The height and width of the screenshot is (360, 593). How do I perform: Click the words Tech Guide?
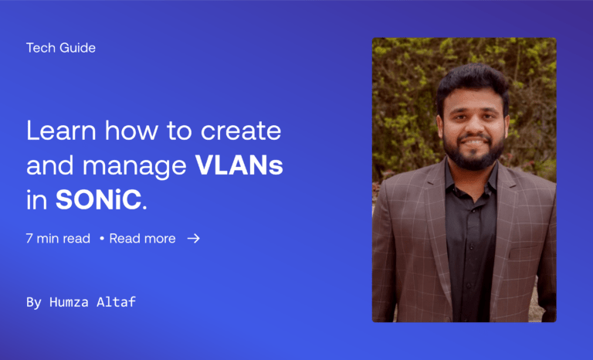click(x=60, y=48)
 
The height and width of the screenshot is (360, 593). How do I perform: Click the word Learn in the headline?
click(x=61, y=131)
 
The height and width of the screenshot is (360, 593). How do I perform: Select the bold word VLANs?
click(x=239, y=165)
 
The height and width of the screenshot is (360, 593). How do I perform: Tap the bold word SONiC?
click(x=98, y=199)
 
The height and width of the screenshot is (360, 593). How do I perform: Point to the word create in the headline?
click(x=241, y=131)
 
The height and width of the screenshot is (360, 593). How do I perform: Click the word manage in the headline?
click(x=134, y=168)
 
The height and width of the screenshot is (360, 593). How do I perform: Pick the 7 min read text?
click(x=58, y=239)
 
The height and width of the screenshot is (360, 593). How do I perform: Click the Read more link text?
click(x=142, y=239)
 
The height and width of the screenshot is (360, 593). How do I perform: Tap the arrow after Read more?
click(x=193, y=239)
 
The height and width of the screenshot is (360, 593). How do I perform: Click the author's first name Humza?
click(x=69, y=302)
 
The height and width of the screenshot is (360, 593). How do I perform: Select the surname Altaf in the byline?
click(x=116, y=302)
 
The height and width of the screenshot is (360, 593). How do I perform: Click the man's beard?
click(x=473, y=153)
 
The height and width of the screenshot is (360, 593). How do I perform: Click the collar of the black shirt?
click(x=471, y=181)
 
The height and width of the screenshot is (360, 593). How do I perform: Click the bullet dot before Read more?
click(x=101, y=239)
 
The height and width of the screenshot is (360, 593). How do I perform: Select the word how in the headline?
click(x=131, y=131)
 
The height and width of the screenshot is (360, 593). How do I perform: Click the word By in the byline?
click(x=34, y=303)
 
